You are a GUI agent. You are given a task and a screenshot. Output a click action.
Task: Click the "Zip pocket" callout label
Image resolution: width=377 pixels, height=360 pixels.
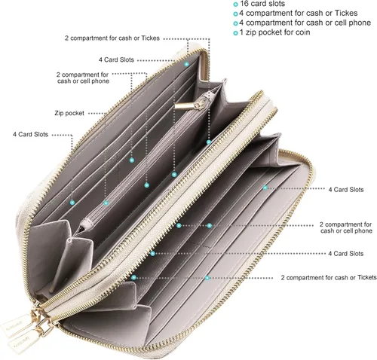tap(69, 113)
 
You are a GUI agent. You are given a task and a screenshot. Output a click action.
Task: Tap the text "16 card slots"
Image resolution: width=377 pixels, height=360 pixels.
tap(262, 4)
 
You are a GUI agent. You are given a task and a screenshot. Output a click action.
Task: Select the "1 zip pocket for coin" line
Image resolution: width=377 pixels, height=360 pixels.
tap(275, 32)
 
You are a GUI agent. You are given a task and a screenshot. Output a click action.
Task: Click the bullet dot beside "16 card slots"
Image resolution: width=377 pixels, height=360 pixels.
tap(235, 5)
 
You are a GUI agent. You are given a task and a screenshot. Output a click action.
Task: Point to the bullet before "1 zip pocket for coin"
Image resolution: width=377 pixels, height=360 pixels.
tap(235, 33)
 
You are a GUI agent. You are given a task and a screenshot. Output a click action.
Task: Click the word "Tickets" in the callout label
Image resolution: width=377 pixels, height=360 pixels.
tap(367, 277)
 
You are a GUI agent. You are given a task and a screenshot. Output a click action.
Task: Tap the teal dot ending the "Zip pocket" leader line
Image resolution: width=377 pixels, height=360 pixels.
tap(106, 203)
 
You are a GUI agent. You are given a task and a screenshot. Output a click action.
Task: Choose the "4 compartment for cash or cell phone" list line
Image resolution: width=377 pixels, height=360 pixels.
tap(305, 23)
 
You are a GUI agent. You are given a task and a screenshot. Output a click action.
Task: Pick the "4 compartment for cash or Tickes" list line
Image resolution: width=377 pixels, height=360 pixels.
tap(299, 13)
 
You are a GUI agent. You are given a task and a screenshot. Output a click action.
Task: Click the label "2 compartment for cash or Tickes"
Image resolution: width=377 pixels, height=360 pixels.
tap(112, 38)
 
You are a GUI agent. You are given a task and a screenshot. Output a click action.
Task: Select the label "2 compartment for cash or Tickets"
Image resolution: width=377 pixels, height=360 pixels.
tap(329, 277)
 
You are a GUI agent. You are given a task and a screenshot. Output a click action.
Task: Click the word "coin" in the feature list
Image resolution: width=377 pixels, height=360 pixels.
tap(302, 32)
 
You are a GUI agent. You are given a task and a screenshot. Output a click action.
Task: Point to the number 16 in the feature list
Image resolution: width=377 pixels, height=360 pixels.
tap(244, 4)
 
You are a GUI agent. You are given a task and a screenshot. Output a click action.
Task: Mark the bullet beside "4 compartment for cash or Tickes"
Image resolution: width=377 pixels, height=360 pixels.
tap(235, 14)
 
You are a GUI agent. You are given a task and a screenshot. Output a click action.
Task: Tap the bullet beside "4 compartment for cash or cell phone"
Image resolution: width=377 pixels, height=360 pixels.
tap(235, 23)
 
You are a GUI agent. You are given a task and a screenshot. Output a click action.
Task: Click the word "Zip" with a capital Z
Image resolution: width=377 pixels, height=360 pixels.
tap(59, 113)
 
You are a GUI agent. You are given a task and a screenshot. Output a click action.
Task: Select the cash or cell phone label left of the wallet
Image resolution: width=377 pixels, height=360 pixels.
tap(83, 78)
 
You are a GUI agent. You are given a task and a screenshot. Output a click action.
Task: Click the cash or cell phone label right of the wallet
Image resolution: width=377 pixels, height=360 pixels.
tap(346, 227)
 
